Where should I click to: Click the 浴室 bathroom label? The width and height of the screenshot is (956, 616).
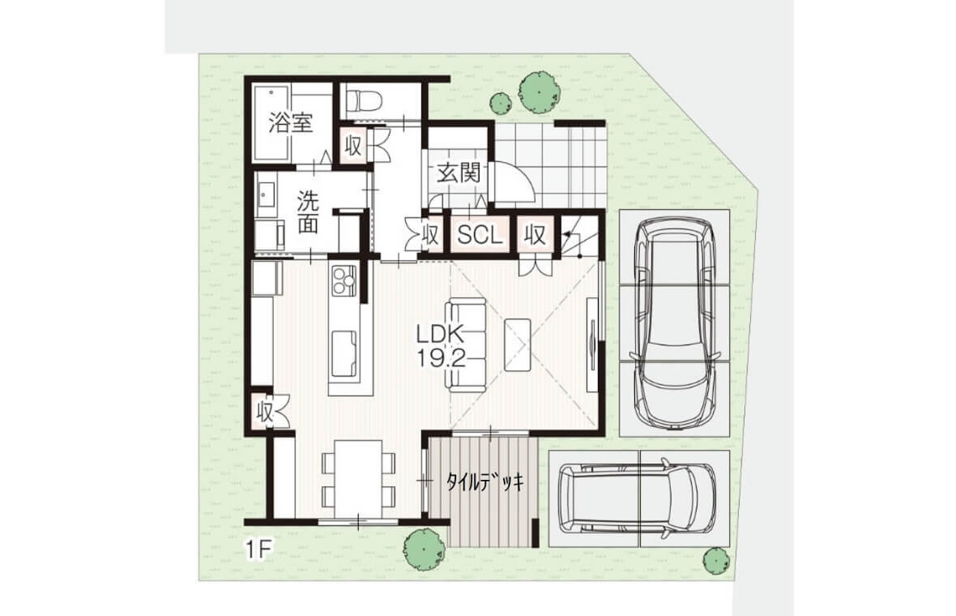point(292,124)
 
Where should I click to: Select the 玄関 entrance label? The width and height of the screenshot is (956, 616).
point(458,173)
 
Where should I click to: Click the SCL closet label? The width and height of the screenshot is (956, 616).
point(480,235)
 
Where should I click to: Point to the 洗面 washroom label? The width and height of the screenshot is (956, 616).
point(308,212)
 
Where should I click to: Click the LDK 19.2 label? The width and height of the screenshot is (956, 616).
point(441,346)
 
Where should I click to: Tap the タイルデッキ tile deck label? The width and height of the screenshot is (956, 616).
point(484,483)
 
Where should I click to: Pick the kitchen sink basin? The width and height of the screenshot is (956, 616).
point(344,354)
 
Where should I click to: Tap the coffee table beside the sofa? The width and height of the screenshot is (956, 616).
point(518,344)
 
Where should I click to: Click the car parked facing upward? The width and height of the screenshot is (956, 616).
point(674,324)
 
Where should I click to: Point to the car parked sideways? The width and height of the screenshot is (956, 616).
point(638,497)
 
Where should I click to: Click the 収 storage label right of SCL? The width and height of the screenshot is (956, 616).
point(536,234)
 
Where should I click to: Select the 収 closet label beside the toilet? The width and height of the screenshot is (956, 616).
point(353,146)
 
